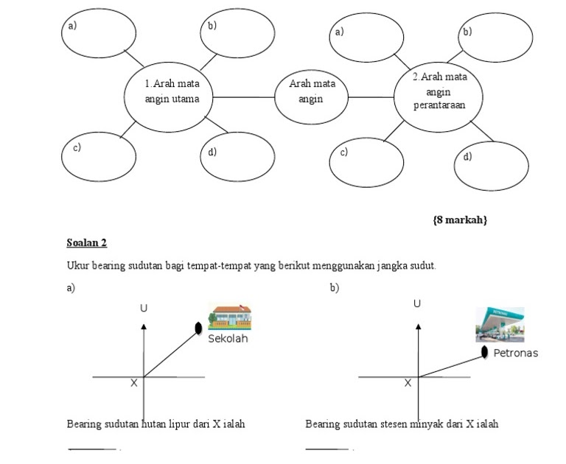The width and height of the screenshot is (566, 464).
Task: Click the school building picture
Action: coord(230,317)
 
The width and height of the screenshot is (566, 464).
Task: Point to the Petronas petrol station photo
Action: coord(500,324)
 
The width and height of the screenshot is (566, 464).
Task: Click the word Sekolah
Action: coord(228,339)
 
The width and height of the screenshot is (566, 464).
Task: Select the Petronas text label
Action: coord(515,353)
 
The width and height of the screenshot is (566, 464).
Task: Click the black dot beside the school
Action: coord(198,328)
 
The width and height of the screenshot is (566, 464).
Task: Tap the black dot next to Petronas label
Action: coord(484,352)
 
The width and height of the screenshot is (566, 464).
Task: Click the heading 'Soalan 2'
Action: coord(87,242)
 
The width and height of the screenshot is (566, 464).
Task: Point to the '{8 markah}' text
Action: coord(460,219)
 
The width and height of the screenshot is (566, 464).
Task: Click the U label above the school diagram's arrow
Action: coord(144,308)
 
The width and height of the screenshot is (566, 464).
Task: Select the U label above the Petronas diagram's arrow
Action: coord(417,303)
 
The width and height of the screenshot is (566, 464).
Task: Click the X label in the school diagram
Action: coord(134,383)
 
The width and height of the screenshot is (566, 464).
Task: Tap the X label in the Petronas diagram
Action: coord(408,383)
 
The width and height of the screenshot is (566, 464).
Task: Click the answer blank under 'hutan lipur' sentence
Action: coord(92,449)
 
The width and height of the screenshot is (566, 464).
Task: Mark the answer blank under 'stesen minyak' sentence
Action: coord(327,449)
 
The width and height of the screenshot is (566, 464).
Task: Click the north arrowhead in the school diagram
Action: coord(144,326)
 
